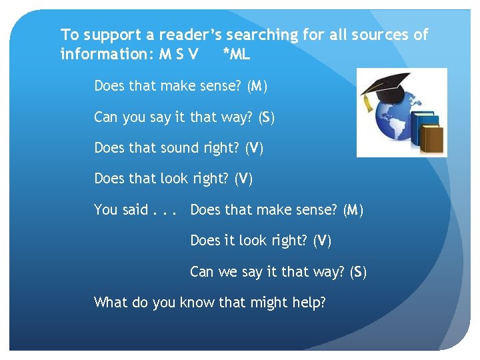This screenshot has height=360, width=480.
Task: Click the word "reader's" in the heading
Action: point(187,35)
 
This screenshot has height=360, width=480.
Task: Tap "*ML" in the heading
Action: point(237,54)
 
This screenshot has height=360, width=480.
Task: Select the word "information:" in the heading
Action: point(107,54)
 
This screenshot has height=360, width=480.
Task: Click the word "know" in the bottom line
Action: point(197,303)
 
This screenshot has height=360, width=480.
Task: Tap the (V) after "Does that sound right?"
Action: point(255,148)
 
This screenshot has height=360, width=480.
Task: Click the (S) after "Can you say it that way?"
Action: point(267,117)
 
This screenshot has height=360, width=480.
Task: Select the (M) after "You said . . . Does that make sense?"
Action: point(353,210)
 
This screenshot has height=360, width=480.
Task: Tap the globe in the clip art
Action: point(385,123)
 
